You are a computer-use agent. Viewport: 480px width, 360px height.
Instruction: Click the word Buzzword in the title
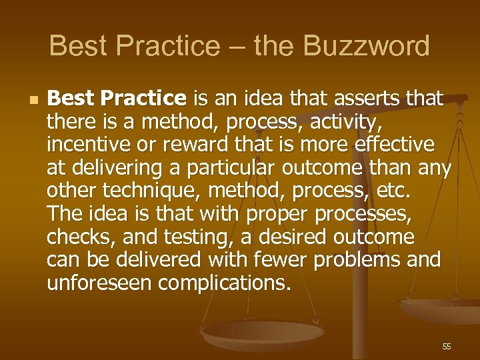click(366, 47)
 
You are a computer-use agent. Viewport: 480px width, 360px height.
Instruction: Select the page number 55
click(447, 347)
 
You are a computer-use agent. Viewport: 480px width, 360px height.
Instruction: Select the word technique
click(151, 191)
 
